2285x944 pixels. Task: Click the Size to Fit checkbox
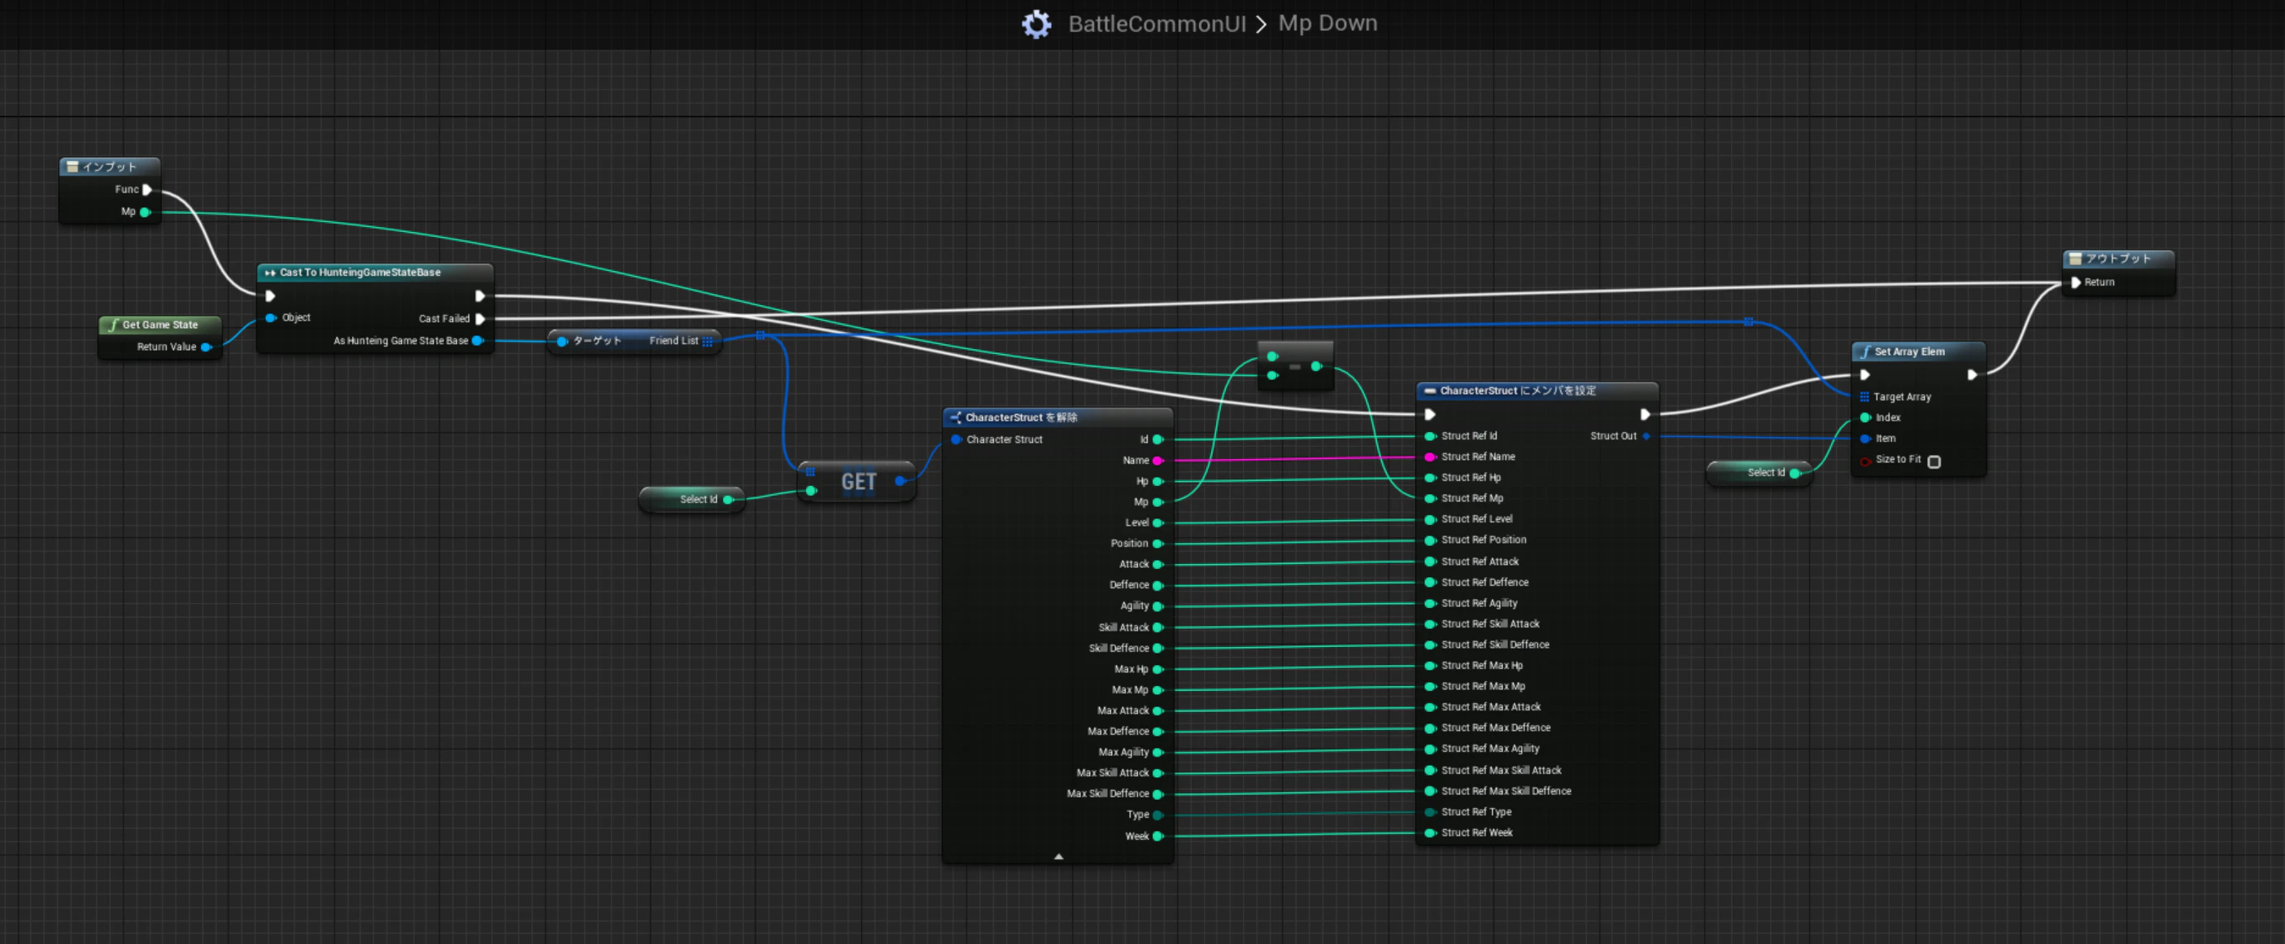tap(1934, 461)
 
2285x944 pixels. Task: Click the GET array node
tap(857, 482)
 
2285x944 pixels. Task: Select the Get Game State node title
tap(159, 325)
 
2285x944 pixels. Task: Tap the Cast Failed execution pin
tap(480, 318)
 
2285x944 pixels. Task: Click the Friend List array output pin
tap(707, 341)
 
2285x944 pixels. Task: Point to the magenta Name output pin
tap(1158, 461)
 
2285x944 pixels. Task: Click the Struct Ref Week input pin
tap(1430, 833)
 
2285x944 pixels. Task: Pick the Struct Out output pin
tap(1646, 435)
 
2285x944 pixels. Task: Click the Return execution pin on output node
tap(2076, 282)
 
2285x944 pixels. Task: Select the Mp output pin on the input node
tap(146, 212)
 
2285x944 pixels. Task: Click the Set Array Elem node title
tap(1909, 352)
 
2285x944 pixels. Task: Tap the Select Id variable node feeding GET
tap(692, 500)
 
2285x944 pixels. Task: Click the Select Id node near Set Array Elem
tap(1760, 473)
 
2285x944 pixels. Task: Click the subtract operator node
tap(1295, 365)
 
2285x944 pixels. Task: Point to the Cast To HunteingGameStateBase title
tap(360, 273)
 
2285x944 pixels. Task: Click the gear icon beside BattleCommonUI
tap(1036, 24)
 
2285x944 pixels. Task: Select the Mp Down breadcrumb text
tap(1327, 23)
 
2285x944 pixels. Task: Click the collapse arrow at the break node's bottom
tap(1058, 856)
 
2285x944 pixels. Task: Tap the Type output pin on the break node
tap(1158, 815)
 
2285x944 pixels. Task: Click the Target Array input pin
tap(1864, 396)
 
